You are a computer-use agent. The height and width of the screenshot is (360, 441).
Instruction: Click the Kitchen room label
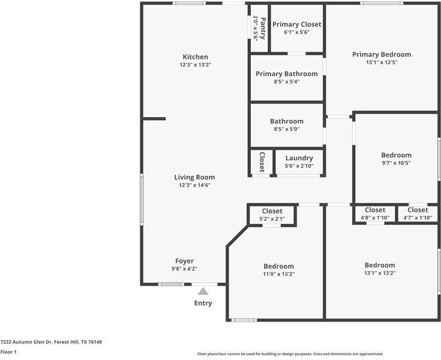coord(195,57)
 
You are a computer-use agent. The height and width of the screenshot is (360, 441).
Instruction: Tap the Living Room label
coord(194,177)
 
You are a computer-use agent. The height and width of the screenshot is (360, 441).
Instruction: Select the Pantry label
coord(263,28)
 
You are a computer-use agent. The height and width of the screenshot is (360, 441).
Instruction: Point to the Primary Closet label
coord(297,25)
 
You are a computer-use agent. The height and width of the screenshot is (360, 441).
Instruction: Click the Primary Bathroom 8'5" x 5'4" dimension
coord(287,82)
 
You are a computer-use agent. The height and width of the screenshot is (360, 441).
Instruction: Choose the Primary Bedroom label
coord(382,55)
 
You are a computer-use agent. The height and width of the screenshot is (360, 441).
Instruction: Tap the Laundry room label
coord(299,158)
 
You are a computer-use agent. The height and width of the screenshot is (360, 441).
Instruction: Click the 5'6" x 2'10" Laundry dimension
coord(299,166)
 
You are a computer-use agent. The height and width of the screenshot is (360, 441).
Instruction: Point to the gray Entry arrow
coord(203,291)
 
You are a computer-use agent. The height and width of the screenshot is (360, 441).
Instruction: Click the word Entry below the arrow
coord(203,303)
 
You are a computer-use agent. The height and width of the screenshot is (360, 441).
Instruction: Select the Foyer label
coord(184,261)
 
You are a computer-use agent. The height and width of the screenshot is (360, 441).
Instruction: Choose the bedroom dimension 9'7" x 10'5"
coord(396,163)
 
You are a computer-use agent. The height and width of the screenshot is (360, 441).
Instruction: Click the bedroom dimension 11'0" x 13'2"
coord(279,274)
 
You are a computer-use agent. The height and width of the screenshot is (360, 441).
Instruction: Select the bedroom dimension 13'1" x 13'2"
coord(380,273)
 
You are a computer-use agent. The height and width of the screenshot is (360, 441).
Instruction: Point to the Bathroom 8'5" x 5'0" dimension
coord(287,130)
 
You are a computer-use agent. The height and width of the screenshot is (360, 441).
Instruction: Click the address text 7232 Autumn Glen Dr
coord(26,342)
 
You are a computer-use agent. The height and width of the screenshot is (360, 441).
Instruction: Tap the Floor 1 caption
coord(8,352)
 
